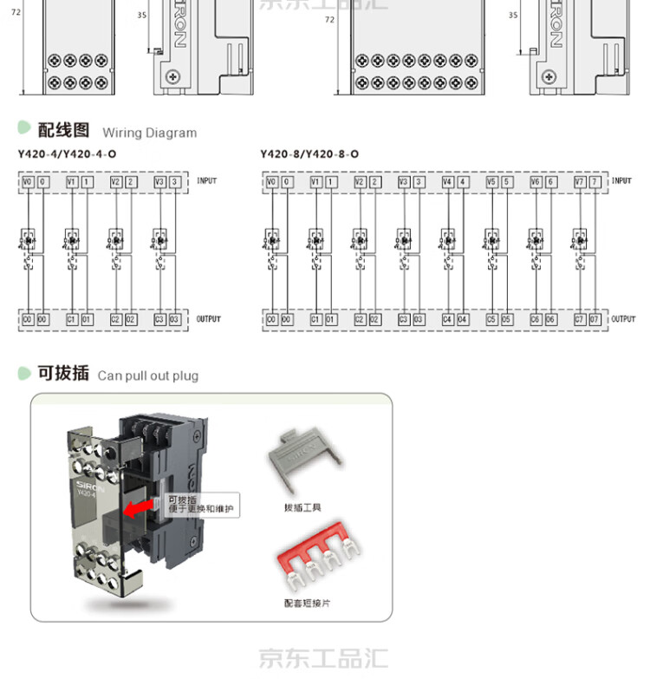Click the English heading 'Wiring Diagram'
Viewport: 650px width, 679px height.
click(149, 133)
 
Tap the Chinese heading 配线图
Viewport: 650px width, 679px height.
click(63, 130)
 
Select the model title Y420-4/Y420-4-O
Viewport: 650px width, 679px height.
click(67, 154)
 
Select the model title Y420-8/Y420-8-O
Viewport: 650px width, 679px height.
click(309, 154)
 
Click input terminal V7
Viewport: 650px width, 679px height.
click(579, 182)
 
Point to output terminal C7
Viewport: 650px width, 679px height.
click(579, 319)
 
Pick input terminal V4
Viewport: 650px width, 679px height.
click(447, 182)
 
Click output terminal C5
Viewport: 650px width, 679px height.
click(491, 319)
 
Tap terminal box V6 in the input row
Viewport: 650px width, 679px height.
click(536, 182)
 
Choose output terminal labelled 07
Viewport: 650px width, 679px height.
click(595, 319)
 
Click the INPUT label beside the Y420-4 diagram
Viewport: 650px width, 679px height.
click(207, 181)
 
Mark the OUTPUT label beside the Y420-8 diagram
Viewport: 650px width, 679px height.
click(623, 319)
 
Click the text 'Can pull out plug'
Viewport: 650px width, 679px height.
click(148, 375)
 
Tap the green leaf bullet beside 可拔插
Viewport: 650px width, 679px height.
click(24, 373)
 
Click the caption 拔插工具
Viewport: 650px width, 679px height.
click(301, 508)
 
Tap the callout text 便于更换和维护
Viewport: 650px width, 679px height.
click(201, 510)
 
